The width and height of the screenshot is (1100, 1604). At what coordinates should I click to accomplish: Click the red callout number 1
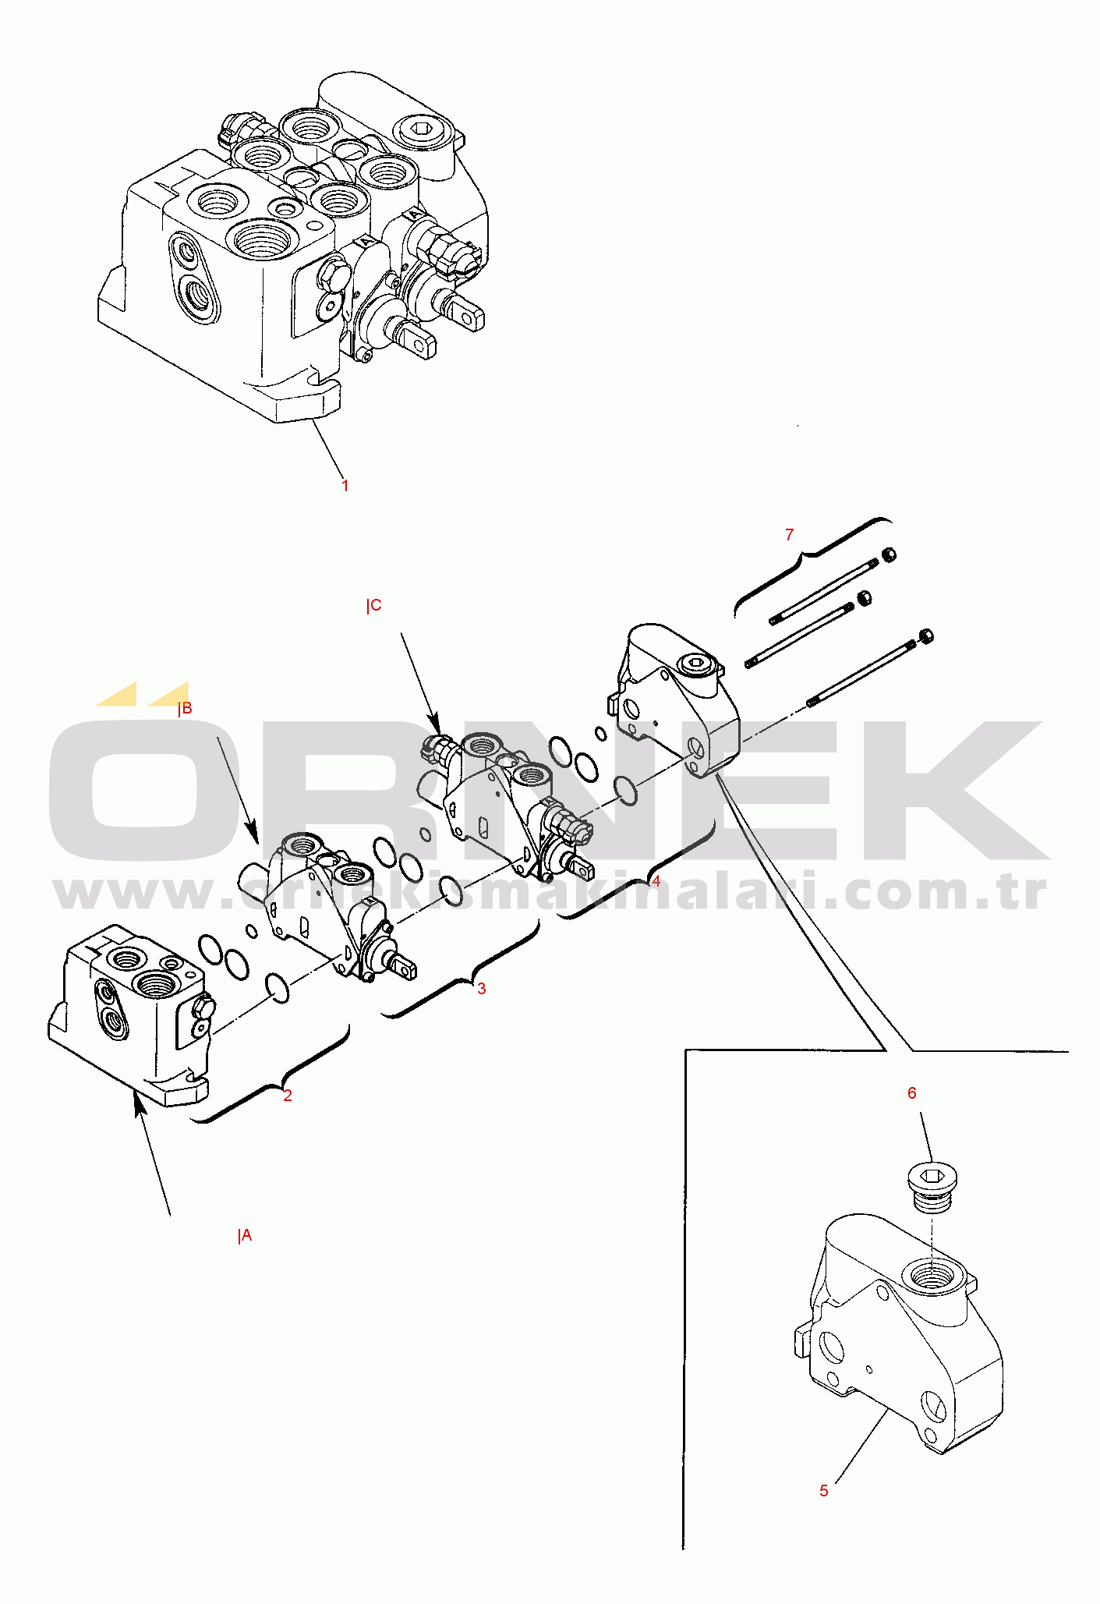[345, 485]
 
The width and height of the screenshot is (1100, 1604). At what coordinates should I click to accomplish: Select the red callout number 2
[288, 1096]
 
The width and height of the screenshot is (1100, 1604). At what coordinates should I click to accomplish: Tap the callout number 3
[482, 989]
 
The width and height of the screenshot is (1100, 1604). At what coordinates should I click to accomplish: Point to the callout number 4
[656, 881]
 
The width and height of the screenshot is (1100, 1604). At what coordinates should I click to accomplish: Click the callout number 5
[824, 1491]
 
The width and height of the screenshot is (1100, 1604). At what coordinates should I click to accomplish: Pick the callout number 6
[912, 1093]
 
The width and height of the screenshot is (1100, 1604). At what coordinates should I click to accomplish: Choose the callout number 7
[790, 534]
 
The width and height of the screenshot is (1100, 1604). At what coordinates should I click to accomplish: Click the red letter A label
[246, 1235]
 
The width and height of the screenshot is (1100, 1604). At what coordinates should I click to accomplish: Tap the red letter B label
[185, 708]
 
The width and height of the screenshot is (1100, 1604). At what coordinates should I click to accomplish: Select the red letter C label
[374, 605]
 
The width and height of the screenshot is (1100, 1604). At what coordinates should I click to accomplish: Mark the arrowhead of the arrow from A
[139, 1103]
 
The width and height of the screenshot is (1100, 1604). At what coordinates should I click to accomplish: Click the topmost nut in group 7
[888, 555]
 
